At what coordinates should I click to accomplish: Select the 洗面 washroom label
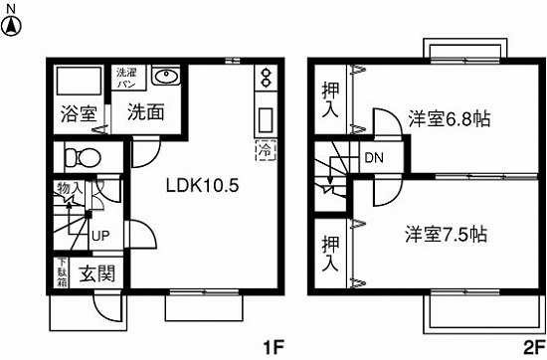click(145, 112)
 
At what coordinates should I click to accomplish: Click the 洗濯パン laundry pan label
click(128, 80)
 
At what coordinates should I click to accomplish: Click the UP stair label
click(100, 237)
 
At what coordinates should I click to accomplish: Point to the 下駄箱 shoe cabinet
click(61, 273)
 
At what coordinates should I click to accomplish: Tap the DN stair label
click(373, 158)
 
